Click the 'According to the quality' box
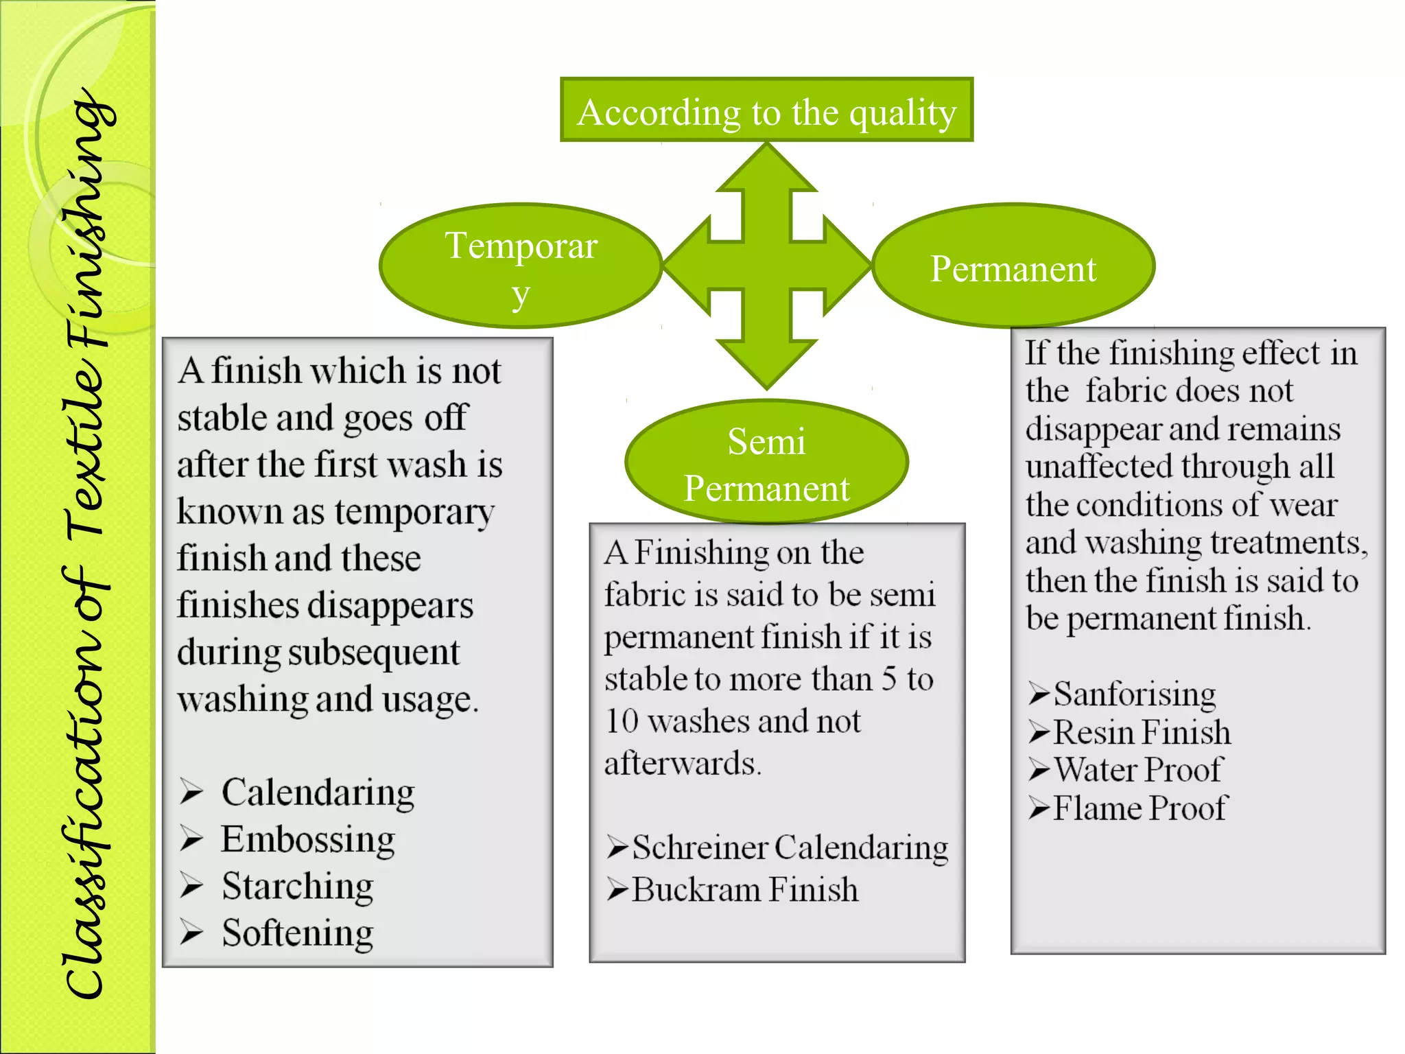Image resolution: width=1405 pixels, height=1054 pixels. pos(766,110)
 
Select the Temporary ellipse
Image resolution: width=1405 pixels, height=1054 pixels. pos(521,266)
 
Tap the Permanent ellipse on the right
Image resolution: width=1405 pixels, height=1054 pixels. pos(1013,267)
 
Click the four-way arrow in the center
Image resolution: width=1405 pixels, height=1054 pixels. pos(767,266)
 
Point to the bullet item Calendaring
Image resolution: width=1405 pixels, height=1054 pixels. pos(318,793)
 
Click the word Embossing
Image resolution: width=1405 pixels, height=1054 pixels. pos(308,840)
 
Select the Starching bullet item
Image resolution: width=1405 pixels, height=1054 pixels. pos(298,887)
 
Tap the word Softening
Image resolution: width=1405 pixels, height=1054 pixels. pos(298,933)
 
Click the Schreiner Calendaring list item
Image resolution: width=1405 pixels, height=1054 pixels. pos(789,848)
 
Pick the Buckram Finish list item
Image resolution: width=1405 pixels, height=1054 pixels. pos(744,890)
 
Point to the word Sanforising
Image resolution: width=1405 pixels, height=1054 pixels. pos(1135,694)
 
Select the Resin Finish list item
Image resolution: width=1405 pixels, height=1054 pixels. pos(1142,732)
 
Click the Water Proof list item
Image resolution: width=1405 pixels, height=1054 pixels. pos(1137,770)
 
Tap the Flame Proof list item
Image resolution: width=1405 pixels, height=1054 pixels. pos(1140,808)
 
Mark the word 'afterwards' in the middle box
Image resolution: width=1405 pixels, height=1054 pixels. pos(682,764)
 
